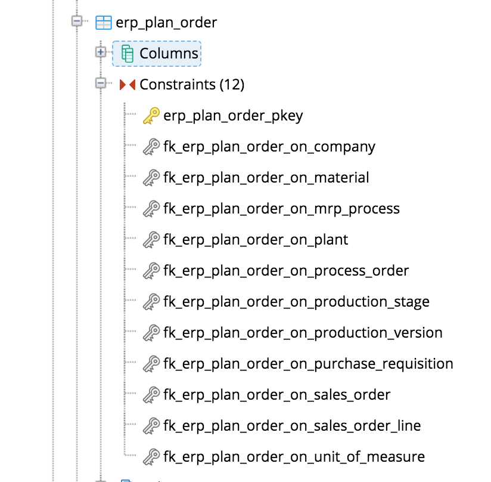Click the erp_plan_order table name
click(x=166, y=23)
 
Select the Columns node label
click(x=169, y=54)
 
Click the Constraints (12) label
click(x=192, y=85)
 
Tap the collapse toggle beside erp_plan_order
click(x=76, y=22)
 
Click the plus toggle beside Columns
click(x=101, y=52)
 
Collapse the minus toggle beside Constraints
click(x=101, y=84)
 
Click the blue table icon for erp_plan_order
click(x=103, y=23)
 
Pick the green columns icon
click(x=128, y=54)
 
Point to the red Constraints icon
click(x=128, y=85)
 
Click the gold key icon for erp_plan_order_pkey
click(x=151, y=116)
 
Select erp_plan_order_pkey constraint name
click(x=233, y=116)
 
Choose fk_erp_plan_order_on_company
click(x=269, y=147)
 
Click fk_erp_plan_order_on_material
click(x=266, y=178)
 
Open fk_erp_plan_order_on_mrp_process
click(x=281, y=209)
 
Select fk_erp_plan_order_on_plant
click(x=256, y=240)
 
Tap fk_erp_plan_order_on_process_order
click(x=286, y=271)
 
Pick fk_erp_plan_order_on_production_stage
click(x=296, y=302)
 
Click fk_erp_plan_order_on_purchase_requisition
click(x=308, y=364)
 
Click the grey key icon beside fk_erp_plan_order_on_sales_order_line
click(x=151, y=426)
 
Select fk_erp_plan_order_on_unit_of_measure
click(x=294, y=457)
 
